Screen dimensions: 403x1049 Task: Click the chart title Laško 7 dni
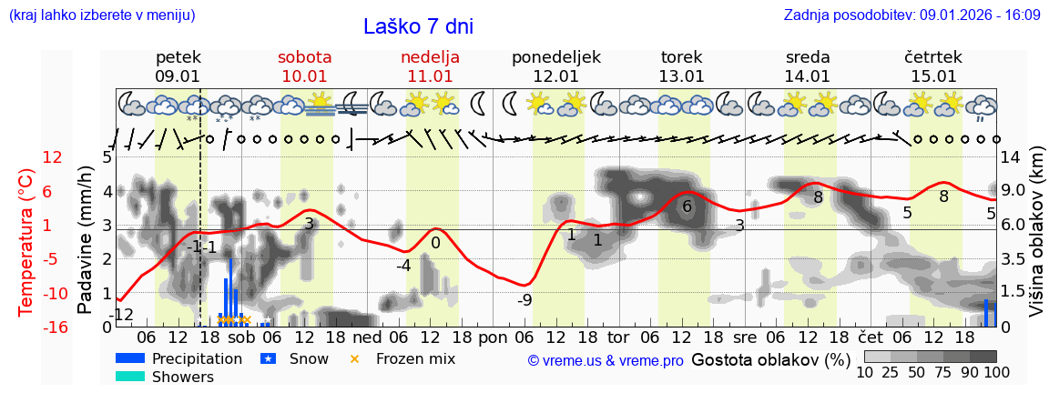418,26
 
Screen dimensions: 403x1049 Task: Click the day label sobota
304,57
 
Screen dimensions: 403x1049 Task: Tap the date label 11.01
430,76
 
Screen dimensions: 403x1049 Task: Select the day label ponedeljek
555,57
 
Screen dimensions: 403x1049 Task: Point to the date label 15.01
932,76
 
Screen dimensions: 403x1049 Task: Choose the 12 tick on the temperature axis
53,157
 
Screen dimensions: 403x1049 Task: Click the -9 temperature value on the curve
524,299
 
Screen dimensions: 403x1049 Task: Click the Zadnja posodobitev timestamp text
912,15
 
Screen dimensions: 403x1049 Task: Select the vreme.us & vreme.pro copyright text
605,361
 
